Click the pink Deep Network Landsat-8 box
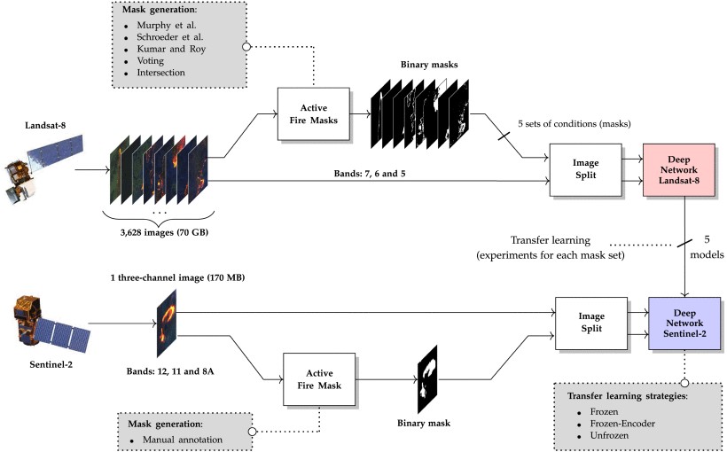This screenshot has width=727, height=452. point(684,169)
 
